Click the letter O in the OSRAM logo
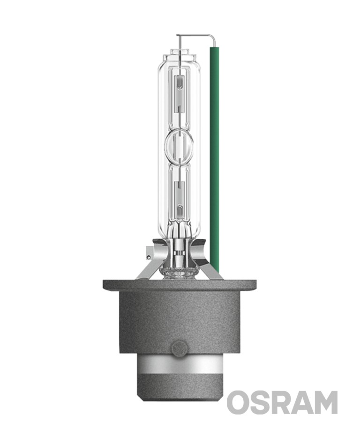238,402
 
